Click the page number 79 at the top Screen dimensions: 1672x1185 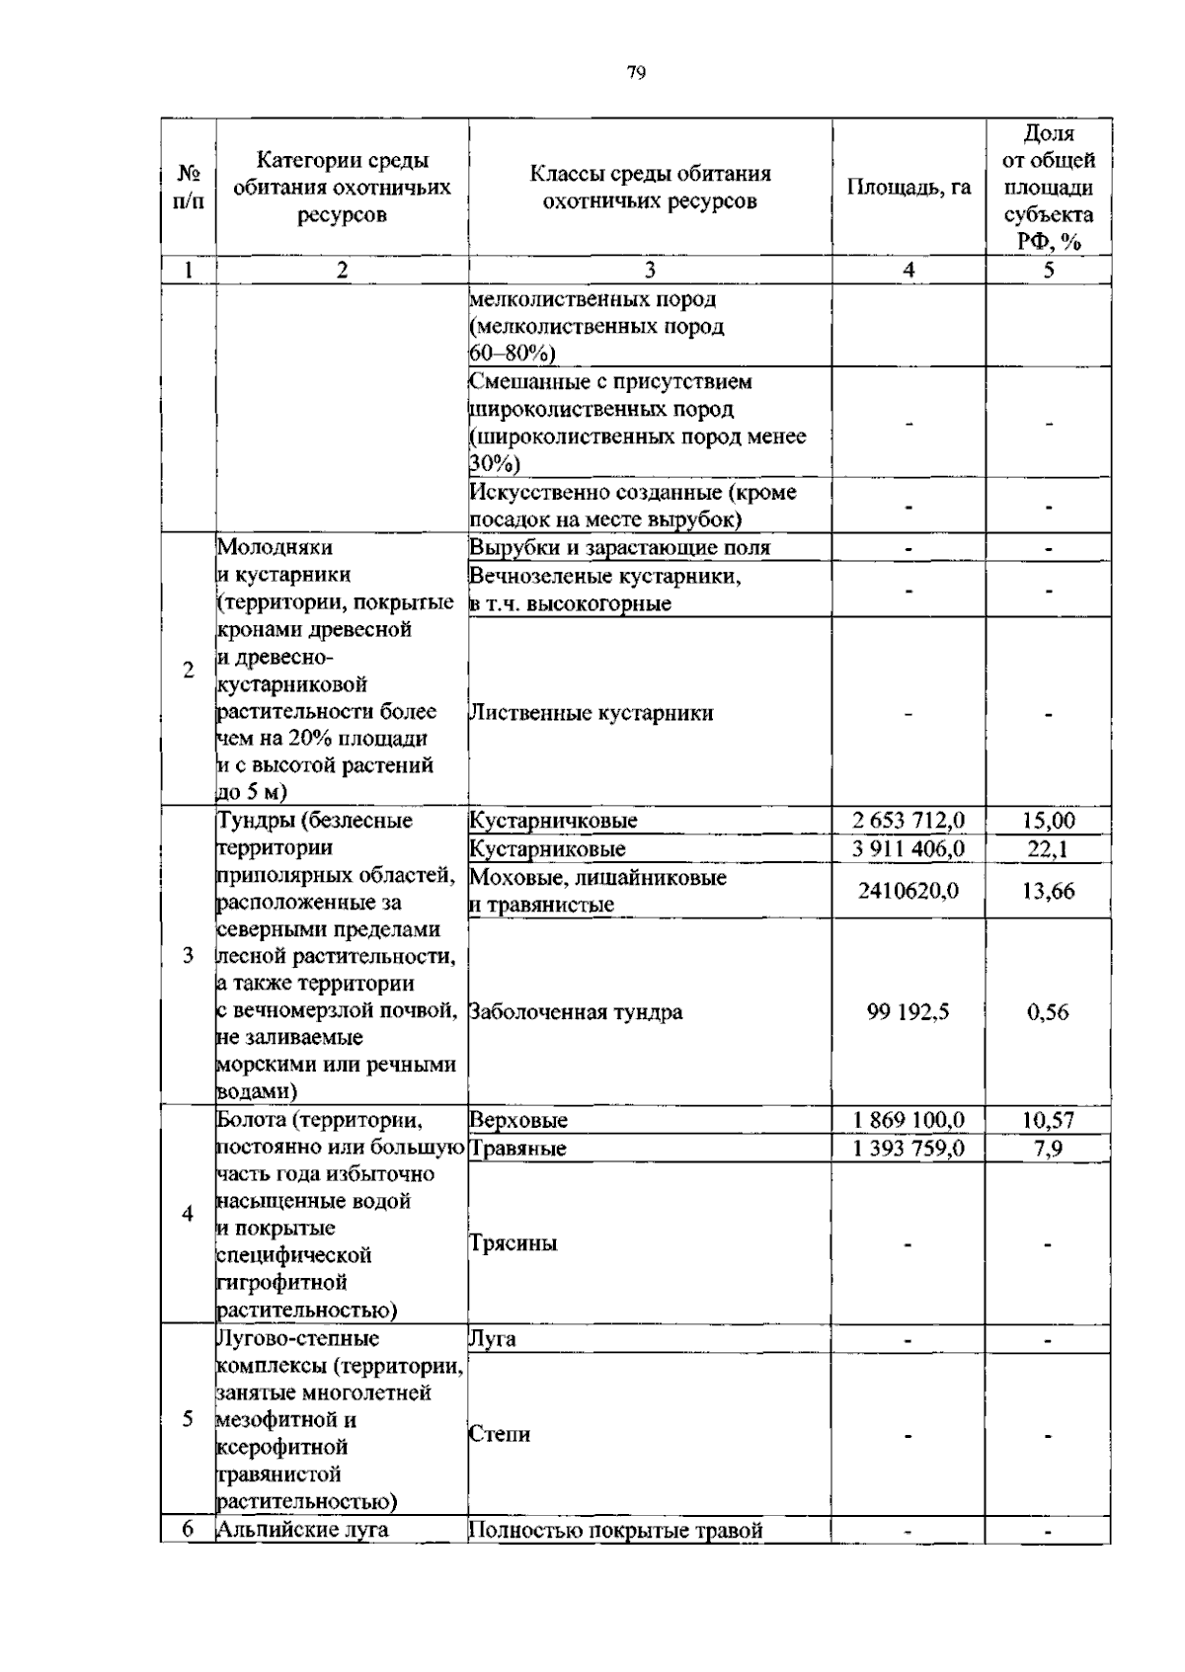pos(636,72)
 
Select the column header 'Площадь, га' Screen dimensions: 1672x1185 pos(908,188)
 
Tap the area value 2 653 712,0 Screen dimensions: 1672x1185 pos(908,821)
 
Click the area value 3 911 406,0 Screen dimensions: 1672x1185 pos(908,848)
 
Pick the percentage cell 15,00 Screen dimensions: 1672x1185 pos(1049,821)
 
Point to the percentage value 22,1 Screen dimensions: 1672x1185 pos(1049,848)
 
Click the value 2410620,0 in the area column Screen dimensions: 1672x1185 pos(908,891)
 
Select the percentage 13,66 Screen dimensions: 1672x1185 pos(1049,891)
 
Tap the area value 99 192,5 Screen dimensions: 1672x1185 pos(908,1011)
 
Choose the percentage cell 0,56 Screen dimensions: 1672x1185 pos(1049,1011)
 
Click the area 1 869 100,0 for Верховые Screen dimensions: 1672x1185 pos(908,1120)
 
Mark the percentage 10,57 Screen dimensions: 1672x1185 pos(1049,1120)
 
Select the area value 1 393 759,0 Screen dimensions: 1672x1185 pos(908,1148)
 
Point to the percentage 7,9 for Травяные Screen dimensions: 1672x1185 pos(1049,1148)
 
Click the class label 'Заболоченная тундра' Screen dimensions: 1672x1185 pos(576,1011)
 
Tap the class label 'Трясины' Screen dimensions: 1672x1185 pos(513,1242)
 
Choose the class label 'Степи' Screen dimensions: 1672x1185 pos(500,1433)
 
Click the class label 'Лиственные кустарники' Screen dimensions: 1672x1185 pos(592,713)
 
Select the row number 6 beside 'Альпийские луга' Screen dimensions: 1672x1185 pos(188,1529)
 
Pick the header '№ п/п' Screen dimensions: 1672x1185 pos(188,188)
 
